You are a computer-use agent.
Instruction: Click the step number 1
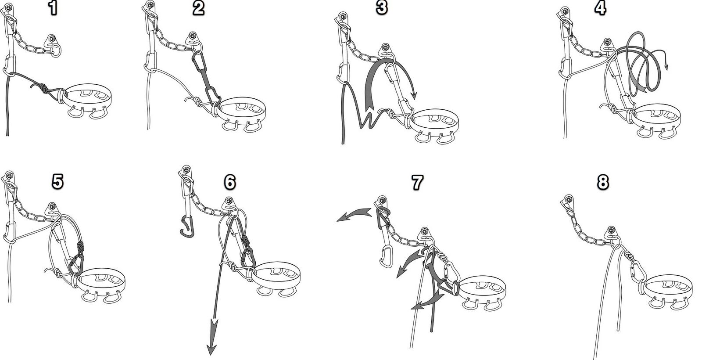click(54, 8)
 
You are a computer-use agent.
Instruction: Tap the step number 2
click(198, 8)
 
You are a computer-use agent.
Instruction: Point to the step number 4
click(600, 8)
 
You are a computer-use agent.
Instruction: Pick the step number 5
click(57, 182)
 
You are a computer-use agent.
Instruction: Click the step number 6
click(230, 182)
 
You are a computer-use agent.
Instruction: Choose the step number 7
click(417, 182)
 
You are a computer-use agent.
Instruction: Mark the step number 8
click(603, 182)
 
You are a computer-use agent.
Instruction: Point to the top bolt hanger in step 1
click(8, 9)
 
